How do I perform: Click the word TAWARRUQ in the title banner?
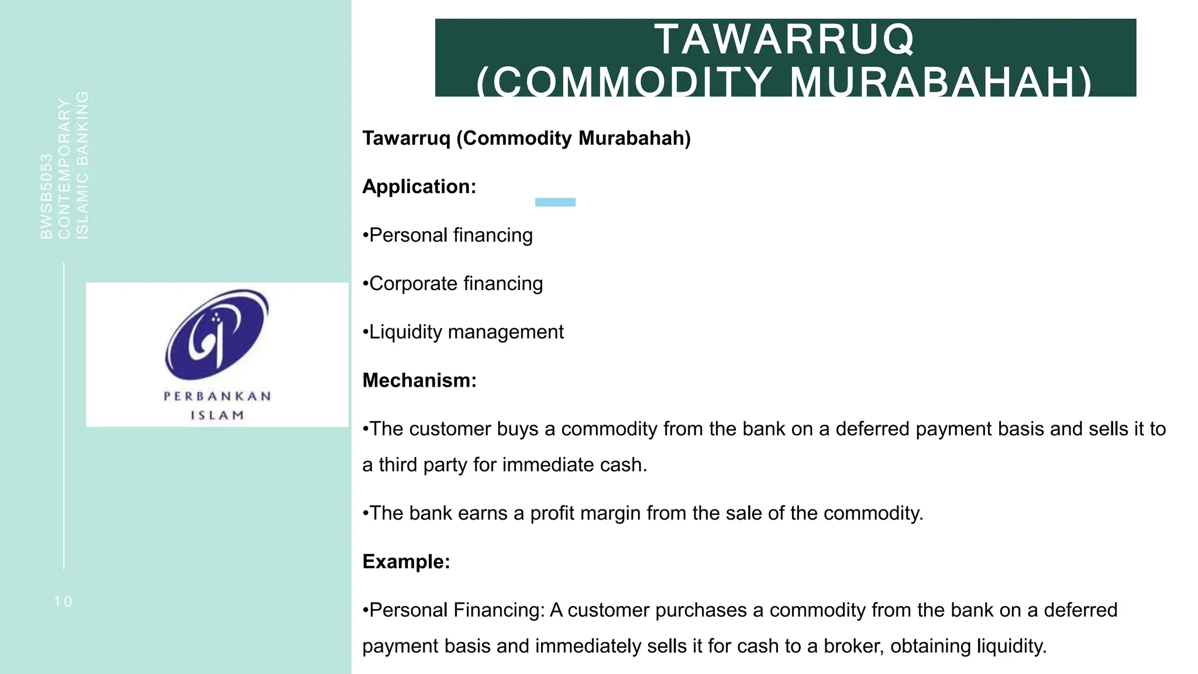(784, 40)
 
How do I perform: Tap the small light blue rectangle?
(555, 202)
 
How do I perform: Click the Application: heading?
(419, 187)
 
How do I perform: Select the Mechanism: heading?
(419, 381)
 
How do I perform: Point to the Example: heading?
(406, 562)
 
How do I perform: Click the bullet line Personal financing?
(448, 235)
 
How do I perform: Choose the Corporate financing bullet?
(453, 284)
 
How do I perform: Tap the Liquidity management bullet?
(463, 332)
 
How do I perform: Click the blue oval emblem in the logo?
(216, 335)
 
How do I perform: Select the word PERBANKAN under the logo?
(217, 397)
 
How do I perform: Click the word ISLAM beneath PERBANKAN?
(217, 415)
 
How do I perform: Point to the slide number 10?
(63, 601)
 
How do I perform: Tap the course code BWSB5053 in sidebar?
(46, 197)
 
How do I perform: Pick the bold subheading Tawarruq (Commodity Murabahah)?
(526, 138)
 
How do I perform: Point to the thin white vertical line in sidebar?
(64, 415)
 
